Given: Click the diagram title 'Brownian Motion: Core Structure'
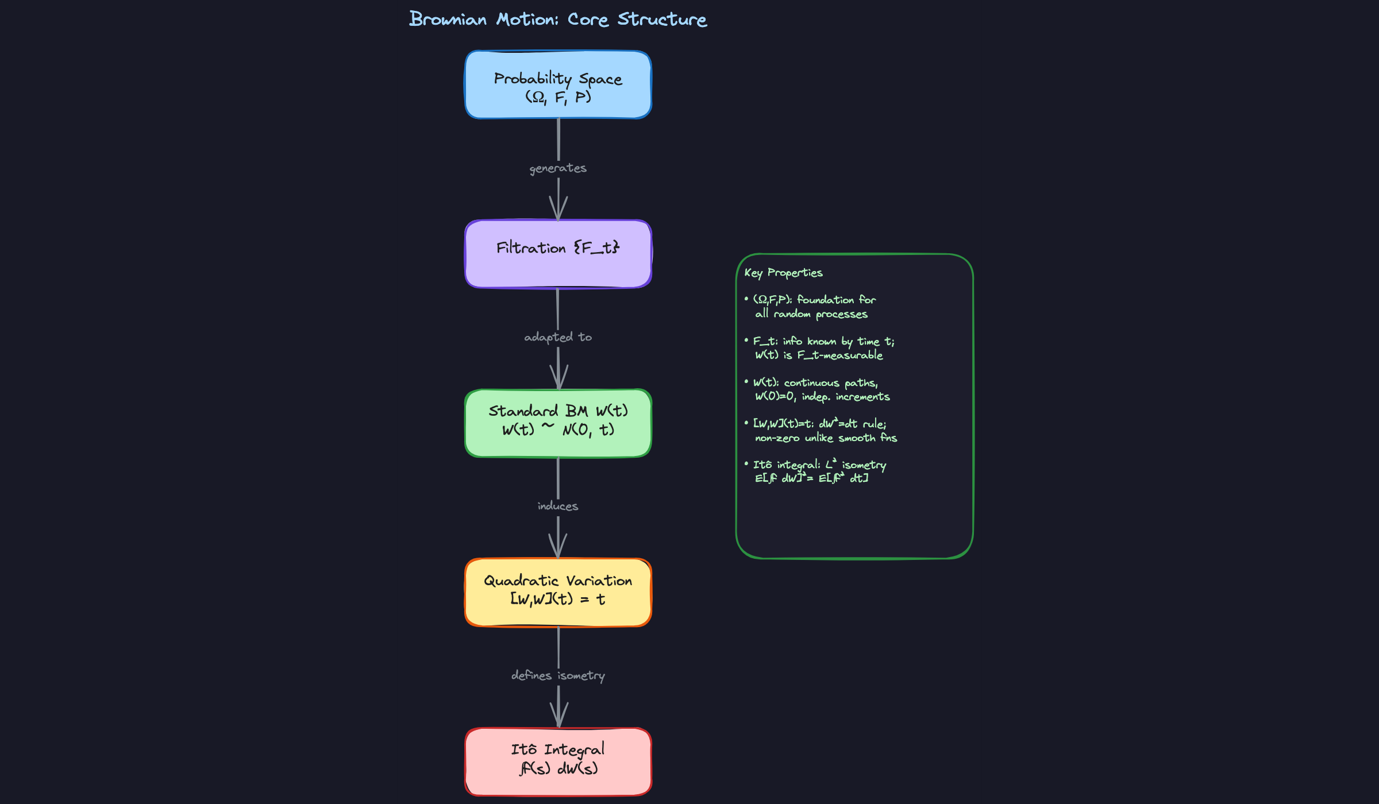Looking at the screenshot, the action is tap(558, 19).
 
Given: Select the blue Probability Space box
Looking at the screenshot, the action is tap(558, 84).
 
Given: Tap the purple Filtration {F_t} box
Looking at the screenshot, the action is tap(558, 254).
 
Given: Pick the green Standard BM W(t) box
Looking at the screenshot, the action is tap(558, 423).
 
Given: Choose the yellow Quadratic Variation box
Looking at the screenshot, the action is tap(558, 592).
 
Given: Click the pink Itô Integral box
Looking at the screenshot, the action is tap(558, 762).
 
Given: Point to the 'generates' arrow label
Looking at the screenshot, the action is tap(558, 168).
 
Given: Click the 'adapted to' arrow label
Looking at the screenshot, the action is tap(558, 337).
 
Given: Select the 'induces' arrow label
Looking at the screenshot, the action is tap(558, 506).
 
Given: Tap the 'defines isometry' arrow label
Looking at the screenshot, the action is tap(558, 675).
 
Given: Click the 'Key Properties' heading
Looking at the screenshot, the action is tap(783, 273).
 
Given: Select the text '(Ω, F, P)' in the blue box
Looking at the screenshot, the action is tap(558, 96).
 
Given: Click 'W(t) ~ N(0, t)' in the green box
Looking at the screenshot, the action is tap(558, 430).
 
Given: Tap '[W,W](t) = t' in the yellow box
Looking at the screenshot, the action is tap(558, 599).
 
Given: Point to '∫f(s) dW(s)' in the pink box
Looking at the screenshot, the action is tap(558, 768).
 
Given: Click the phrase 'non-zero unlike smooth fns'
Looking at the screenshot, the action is tap(826, 438).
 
